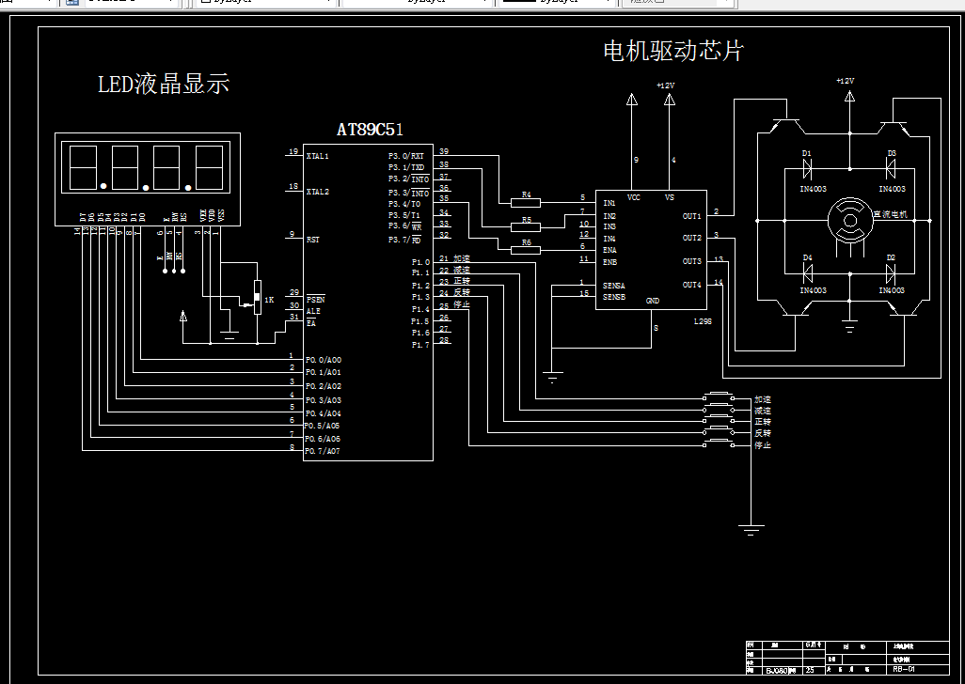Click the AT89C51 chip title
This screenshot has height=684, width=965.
tap(370, 130)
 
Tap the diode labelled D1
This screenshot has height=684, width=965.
tap(807, 169)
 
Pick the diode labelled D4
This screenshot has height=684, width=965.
tap(807, 273)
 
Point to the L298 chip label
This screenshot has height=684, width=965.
tap(703, 321)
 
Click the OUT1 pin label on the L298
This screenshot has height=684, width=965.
tap(691, 216)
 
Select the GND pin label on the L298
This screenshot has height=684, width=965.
tap(653, 302)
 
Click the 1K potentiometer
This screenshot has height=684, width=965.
tap(256, 298)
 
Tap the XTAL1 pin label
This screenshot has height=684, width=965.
tap(317, 156)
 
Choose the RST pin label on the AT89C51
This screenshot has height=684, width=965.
tap(312, 240)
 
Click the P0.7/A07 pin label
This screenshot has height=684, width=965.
tap(322, 451)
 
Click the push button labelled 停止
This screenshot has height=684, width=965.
tap(720, 444)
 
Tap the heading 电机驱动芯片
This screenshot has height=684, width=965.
tap(672, 51)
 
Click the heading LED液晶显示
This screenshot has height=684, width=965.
tap(164, 85)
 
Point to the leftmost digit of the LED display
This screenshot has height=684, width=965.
tap(83, 168)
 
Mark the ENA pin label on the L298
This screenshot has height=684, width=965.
tap(609, 250)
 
